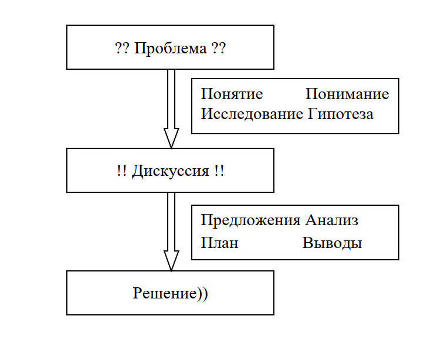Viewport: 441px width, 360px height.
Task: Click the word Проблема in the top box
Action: click(x=171, y=49)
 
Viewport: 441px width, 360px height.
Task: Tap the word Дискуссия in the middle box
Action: click(x=171, y=171)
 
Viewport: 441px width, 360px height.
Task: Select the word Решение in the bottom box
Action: click(x=165, y=294)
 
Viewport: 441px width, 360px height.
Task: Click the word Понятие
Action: click(x=232, y=94)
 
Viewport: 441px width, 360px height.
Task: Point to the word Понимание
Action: click(x=347, y=94)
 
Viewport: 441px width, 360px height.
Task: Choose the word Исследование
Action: click(x=252, y=114)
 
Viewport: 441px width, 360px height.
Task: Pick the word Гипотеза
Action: click(x=340, y=114)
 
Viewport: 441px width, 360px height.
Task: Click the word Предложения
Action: click(x=250, y=221)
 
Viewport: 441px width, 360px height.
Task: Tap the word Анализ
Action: click(x=331, y=220)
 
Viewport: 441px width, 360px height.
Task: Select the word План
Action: click(x=220, y=242)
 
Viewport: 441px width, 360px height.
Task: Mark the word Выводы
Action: click(x=332, y=243)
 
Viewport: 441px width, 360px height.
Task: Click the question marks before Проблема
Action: click(x=123, y=49)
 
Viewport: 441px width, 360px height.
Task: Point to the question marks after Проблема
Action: click(x=219, y=49)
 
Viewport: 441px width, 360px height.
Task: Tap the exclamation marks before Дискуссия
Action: click(x=122, y=171)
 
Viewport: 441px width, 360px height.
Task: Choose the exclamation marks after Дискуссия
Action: click(x=219, y=171)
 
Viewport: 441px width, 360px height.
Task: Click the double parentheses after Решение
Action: click(x=202, y=294)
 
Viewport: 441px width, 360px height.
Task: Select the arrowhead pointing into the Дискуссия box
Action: click(x=171, y=138)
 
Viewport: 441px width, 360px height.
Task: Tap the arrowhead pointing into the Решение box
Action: click(x=171, y=261)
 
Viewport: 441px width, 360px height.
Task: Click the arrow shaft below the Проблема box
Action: click(x=171, y=99)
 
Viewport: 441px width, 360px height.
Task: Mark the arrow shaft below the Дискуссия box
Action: click(x=171, y=222)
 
